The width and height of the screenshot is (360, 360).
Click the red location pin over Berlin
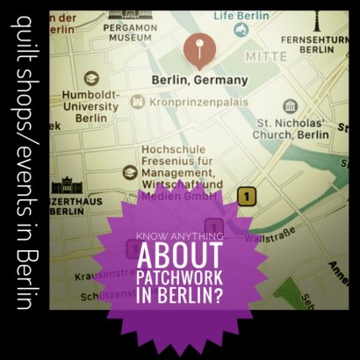pyautogui.click(x=198, y=50)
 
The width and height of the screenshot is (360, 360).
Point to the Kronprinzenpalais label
pyautogui.click(x=195, y=103)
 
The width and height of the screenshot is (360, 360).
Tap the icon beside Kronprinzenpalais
pyautogui.click(x=137, y=102)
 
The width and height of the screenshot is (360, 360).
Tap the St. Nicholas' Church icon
pyautogui.click(x=291, y=107)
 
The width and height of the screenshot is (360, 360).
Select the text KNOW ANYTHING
pyautogui.click(x=178, y=235)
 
